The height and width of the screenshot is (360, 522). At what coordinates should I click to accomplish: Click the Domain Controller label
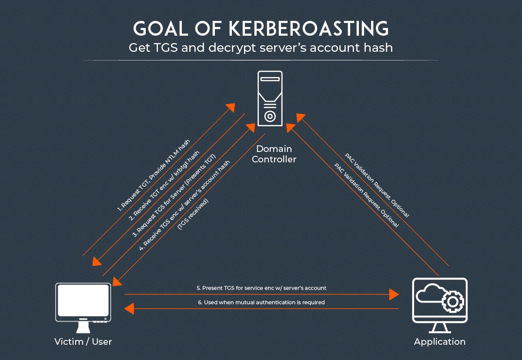tap(274, 154)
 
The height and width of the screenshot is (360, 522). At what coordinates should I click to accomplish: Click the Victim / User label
tap(83, 341)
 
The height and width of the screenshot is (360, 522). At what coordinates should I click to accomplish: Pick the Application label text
tap(439, 341)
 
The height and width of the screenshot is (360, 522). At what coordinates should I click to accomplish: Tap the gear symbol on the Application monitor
tap(452, 301)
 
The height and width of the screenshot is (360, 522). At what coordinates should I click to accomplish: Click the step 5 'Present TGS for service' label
tap(261, 288)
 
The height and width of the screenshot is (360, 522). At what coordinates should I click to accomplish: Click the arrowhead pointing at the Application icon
tap(394, 295)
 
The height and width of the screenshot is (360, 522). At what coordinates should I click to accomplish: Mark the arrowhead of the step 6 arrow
tap(129, 309)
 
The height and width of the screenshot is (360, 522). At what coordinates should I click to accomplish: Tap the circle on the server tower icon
tap(270, 116)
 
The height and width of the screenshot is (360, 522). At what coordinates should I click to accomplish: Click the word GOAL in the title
tap(157, 29)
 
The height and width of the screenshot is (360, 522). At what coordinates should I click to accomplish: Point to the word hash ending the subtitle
tap(380, 47)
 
